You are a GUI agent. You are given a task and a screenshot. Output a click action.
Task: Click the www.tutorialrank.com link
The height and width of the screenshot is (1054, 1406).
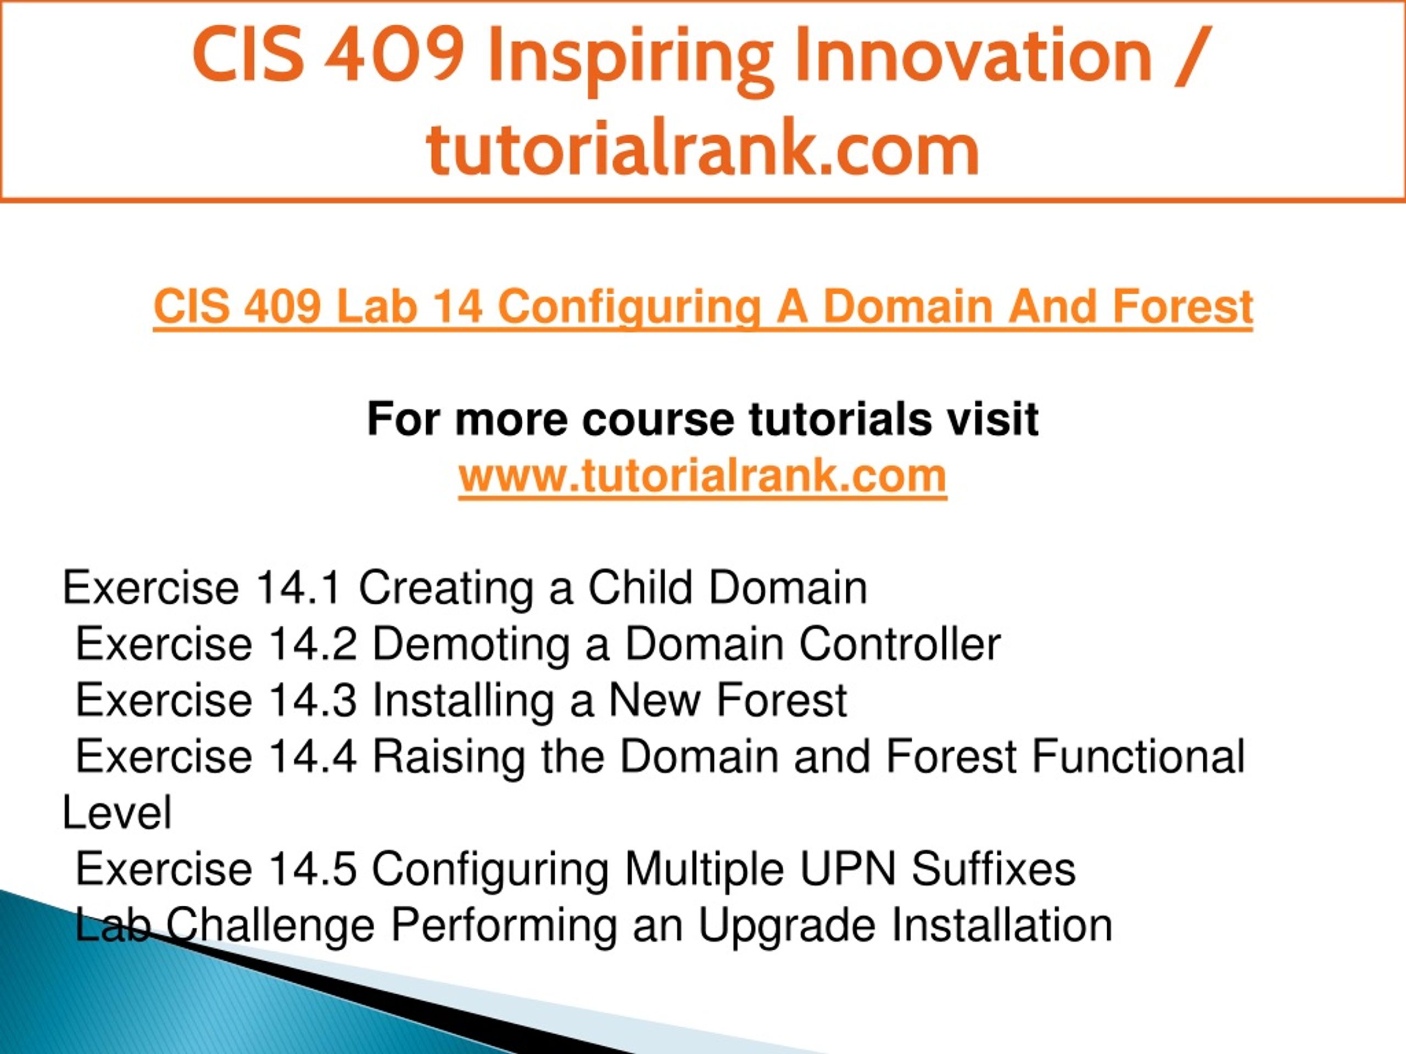pos(702,476)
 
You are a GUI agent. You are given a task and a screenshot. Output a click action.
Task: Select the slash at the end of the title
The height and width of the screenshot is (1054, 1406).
pos(1191,57)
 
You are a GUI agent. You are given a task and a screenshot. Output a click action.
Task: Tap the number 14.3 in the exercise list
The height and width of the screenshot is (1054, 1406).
pos(313,700)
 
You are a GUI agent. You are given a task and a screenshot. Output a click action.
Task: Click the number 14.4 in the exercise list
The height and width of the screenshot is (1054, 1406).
pos(313,756)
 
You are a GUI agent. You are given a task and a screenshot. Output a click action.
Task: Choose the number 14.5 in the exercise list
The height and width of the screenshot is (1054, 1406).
pos(313,869)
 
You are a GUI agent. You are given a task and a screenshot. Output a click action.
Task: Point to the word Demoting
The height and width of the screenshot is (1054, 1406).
pos(471,645)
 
